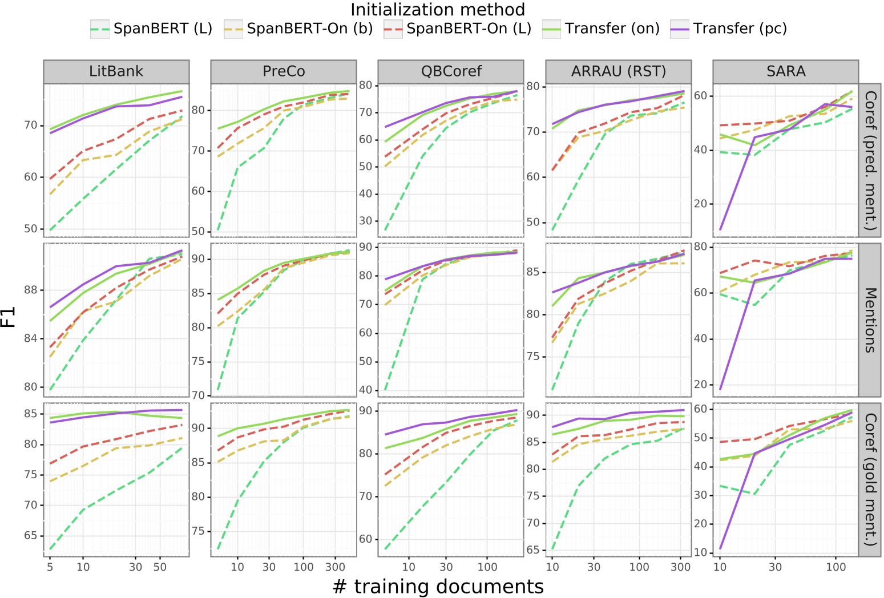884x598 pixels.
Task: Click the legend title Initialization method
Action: tap(438, 10)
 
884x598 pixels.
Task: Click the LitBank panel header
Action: tap(116, 71)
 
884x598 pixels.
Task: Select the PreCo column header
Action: tap(284, 71)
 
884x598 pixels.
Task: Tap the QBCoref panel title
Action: tap(451, 71)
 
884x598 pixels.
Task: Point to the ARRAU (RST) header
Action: tap(619, 71)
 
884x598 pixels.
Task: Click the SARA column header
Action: tap(786, 71)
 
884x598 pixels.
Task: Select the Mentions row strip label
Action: tap(870, 320)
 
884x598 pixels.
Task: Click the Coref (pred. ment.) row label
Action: tap(870, 160)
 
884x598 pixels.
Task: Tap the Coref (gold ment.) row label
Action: tap(870, 479)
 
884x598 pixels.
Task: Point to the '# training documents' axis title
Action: tap(438, 587)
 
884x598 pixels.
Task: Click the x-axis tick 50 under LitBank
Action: tap(160, 567)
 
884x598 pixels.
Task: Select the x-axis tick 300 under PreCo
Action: tap(335, 567)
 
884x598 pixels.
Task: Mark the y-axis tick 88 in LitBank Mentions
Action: tap(31, 290)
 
